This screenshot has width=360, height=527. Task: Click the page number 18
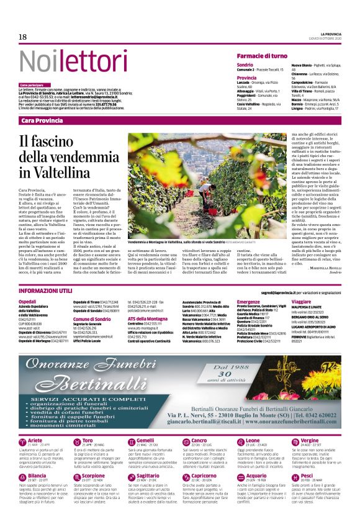point(22,37)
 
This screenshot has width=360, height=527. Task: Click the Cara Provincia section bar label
point(42,120)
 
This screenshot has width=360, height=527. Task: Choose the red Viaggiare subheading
point(301,302)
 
